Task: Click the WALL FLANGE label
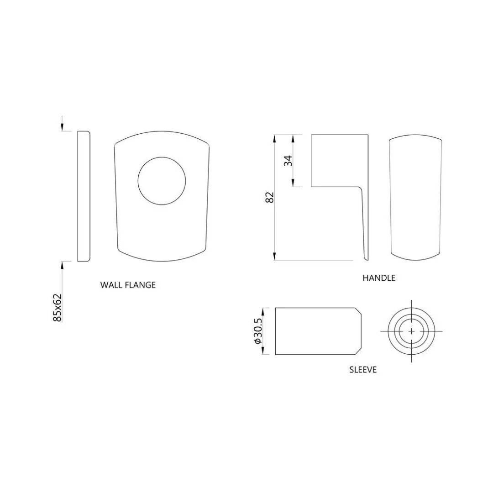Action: [128, 285]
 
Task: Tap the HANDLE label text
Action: [379, 278]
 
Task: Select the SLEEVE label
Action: [363, 370]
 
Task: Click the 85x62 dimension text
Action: [58, 308]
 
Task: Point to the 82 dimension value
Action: [270, 197]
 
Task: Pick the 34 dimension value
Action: [288, 161]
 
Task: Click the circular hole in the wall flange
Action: [162, 181]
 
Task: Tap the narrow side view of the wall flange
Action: [84, 196]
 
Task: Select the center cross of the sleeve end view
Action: [411, 331]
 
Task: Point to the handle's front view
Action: [415, 199]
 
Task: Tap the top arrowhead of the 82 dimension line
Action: [274, 137]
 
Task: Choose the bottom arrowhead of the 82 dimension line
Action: [274, 257]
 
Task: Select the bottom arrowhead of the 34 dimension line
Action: [294, 184]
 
